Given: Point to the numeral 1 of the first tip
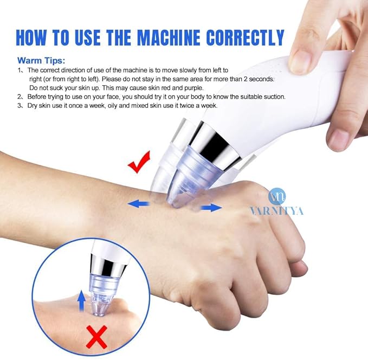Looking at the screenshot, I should point(20,70).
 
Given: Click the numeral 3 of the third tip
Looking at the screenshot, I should point(20,105).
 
